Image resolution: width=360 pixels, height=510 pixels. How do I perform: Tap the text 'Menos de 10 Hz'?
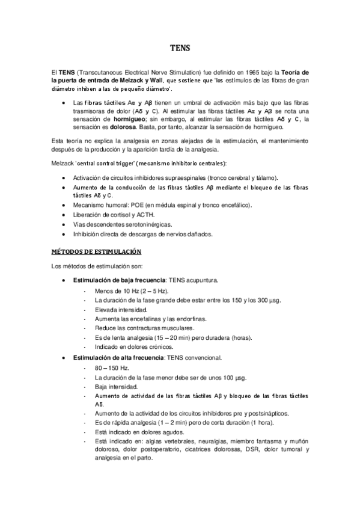point(116,290)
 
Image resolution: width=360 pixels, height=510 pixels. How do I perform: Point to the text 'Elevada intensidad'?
point(120,309)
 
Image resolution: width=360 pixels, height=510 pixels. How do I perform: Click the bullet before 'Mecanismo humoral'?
point(64,204)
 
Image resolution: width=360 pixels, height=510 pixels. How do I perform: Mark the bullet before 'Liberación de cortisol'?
point(64,214)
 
